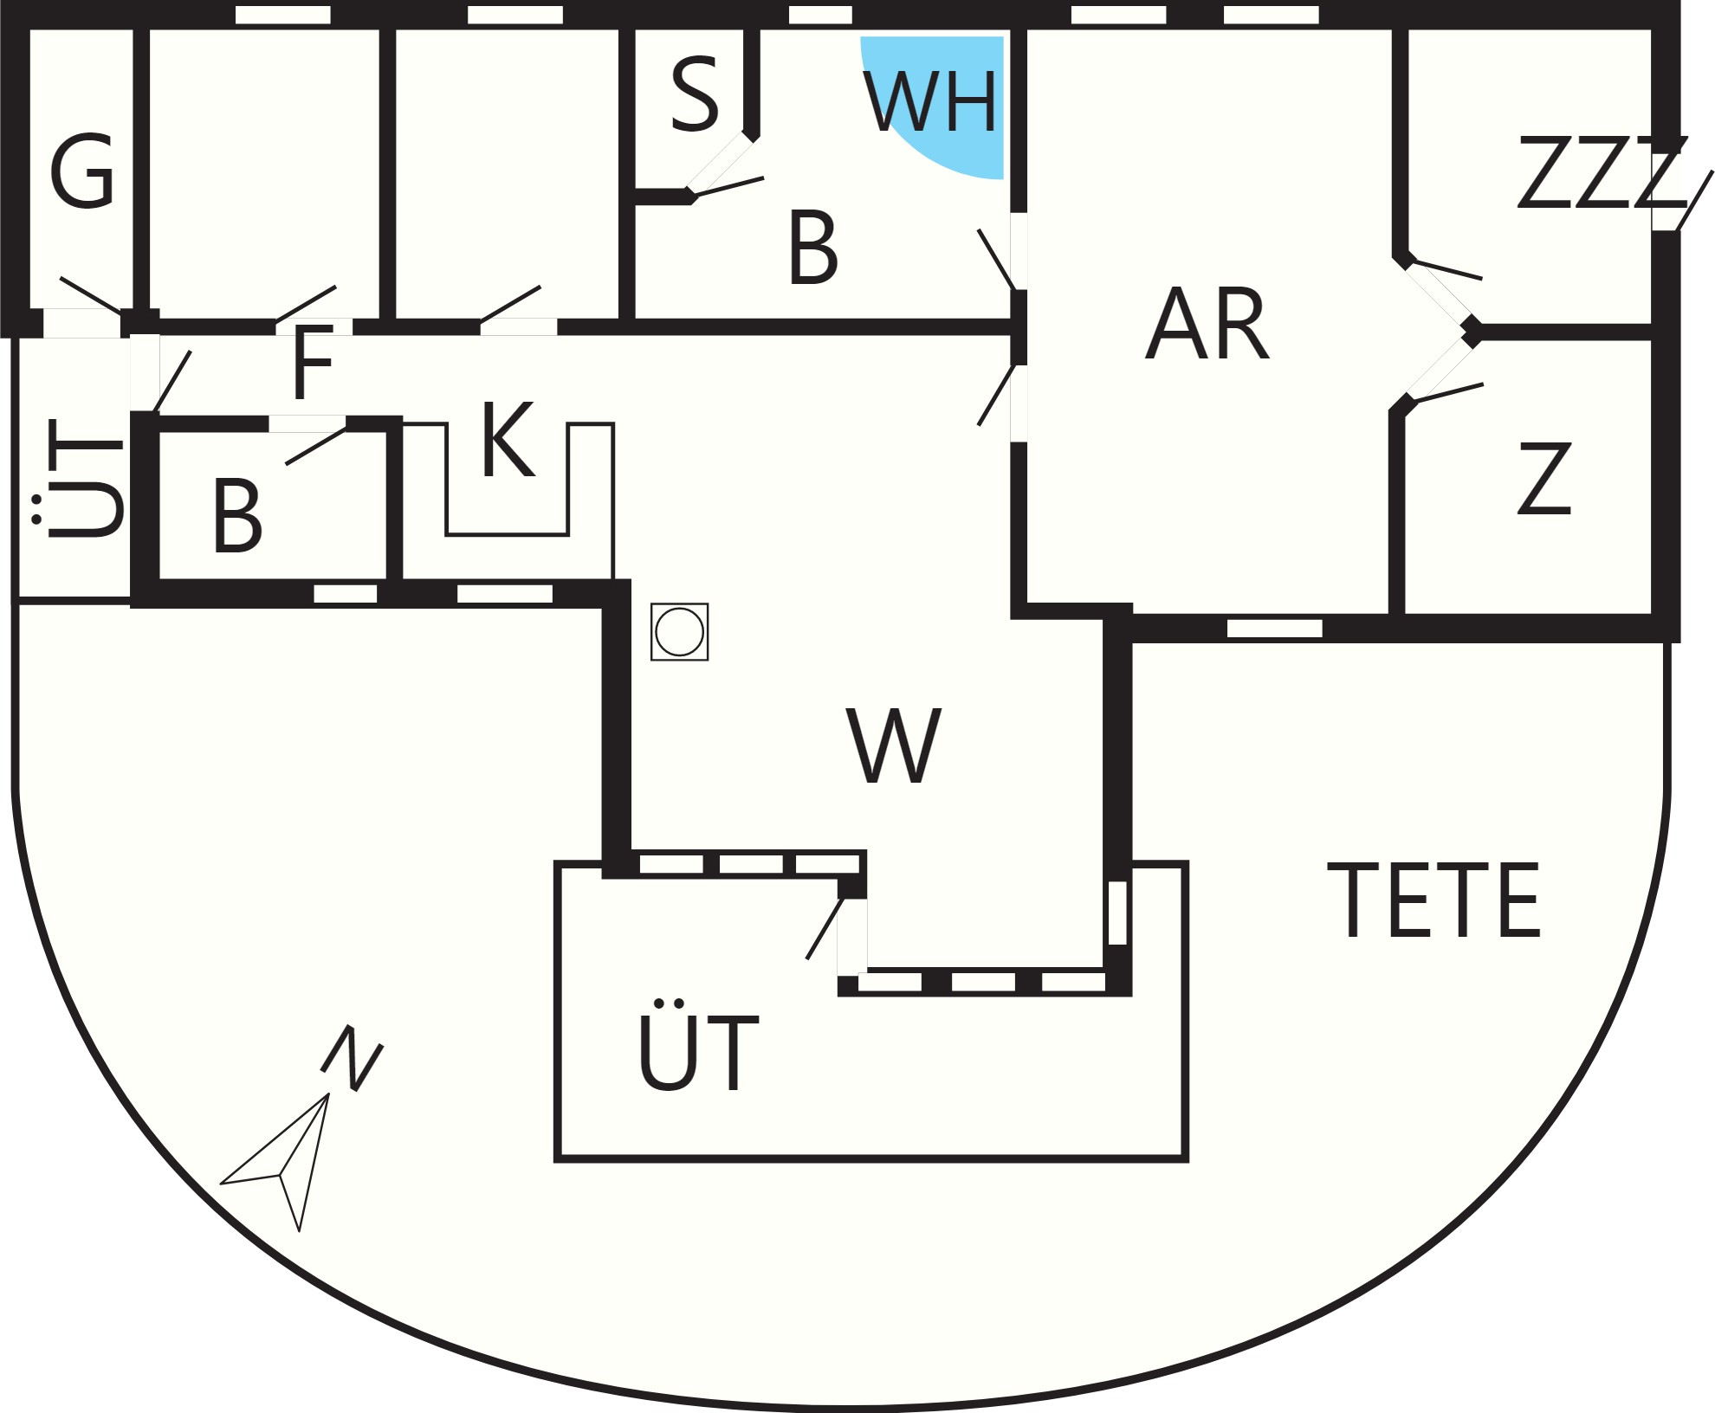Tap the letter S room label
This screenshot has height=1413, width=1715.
(695, 95)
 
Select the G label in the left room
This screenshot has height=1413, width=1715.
(82, 171)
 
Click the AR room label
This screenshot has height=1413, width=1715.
(1207, 323)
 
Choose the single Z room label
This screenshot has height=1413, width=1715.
(1544, 479)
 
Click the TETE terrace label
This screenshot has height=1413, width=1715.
(1433, 900)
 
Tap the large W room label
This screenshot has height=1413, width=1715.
(893, 746)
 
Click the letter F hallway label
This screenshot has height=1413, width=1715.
(312, 363)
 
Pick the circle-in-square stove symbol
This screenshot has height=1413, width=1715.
(680, 632)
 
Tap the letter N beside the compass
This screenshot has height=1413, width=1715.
(352, 1058)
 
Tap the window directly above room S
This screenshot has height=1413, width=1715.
(820, 15)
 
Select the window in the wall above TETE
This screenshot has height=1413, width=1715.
(1275, 628)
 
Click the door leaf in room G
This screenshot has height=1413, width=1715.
(91, 295)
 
